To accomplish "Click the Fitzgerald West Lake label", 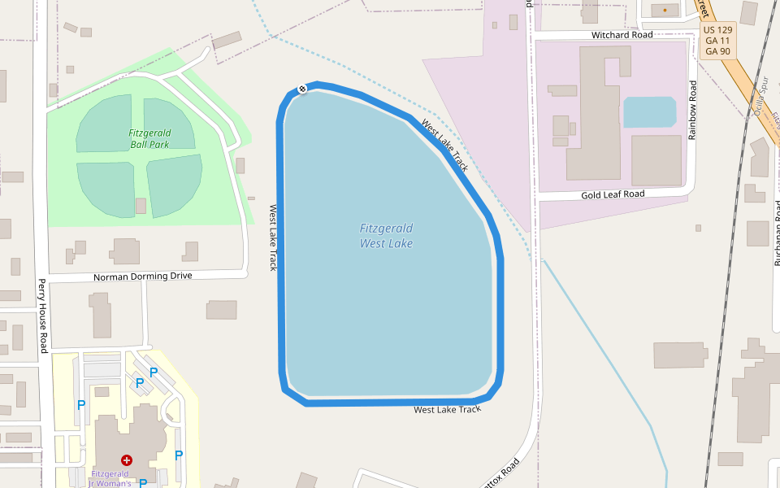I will (386, 236).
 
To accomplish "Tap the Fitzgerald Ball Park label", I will (149, 139).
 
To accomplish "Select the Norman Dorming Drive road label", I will (142, 276).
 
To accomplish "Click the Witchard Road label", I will (622, 35).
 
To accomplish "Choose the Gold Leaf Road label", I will (613, 194).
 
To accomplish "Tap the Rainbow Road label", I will (692, 110).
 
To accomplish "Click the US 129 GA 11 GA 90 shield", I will (717, 40).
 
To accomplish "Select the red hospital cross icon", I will (127, 460).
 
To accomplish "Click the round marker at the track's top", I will (302, 89).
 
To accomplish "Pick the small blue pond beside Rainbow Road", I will (649, 112).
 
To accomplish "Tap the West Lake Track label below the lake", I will (447, 409).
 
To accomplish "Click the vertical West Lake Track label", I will (274, 237).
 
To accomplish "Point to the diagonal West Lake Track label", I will (444, 145).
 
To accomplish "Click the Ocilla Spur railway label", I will (763, 98).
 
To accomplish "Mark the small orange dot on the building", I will (665, 10).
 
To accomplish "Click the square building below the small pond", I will (656, 159).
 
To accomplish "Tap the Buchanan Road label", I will (777, 236).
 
